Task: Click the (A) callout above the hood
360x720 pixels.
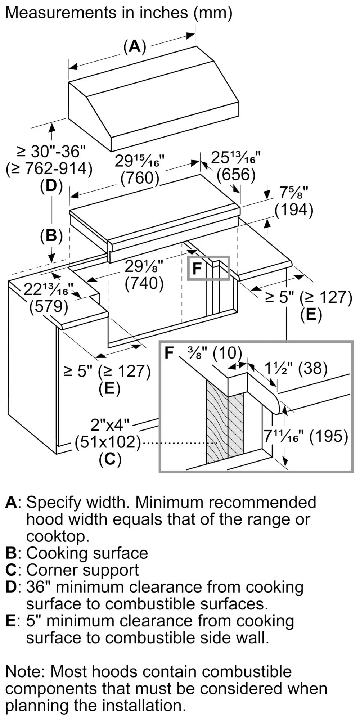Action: pyautogui.click(x=135, y=47)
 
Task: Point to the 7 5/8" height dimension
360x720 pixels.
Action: pyautogui.click(x=294, y=194)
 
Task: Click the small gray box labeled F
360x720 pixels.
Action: pyautogui.click(x=208, y=268)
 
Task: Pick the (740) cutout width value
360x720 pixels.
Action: pyautogui.click(x=144, y=284)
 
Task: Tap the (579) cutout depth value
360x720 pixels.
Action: pyautogui.click(x=49, y=306)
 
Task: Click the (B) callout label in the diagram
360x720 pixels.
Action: pyautogui.click(x=51, y=236)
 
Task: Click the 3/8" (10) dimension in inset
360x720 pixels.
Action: pyautogui.click(x=215, y=353)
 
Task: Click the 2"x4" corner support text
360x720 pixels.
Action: pyautogui.click(x=110, y=425)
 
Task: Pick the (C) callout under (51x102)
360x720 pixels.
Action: pyautogui.click(x=110, y=459)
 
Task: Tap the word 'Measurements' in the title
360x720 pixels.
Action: pyautogui.click(x=59, y=13)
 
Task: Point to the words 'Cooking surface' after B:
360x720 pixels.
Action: pyautogui.click(x=87, y=553)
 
